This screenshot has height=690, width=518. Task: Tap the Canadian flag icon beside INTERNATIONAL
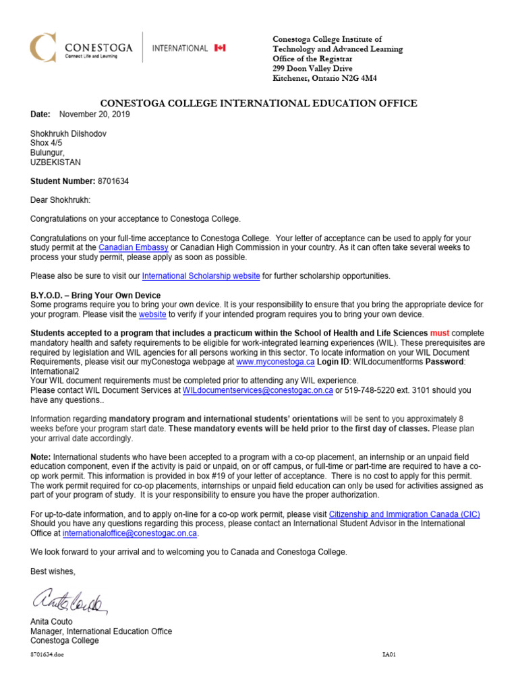coord(220,48)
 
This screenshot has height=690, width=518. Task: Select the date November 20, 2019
coord(94,115)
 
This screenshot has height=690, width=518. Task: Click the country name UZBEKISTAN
coord(56,162)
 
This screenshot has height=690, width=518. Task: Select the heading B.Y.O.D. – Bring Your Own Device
coord(96,295)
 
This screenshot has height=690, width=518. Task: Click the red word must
coord(439,333)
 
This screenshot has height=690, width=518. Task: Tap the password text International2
coord(55,371)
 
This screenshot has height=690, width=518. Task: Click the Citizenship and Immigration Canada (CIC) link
coord(404,514)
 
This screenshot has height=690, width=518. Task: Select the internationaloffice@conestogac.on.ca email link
coord(129,533)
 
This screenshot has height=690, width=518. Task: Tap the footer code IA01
coord(388,654)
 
